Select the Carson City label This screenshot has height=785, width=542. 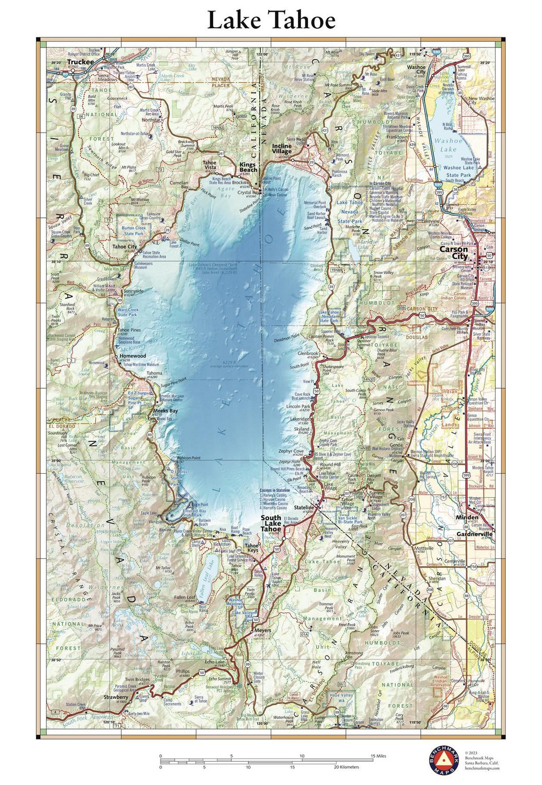(453, 253)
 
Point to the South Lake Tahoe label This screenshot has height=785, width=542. (271, 523)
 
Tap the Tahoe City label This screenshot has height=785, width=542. (124, 246)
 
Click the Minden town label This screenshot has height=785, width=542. (467, 518)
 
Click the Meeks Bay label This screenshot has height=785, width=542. (166, 411)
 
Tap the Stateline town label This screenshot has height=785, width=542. (303, 508)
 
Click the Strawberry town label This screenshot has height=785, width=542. (116, 697)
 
